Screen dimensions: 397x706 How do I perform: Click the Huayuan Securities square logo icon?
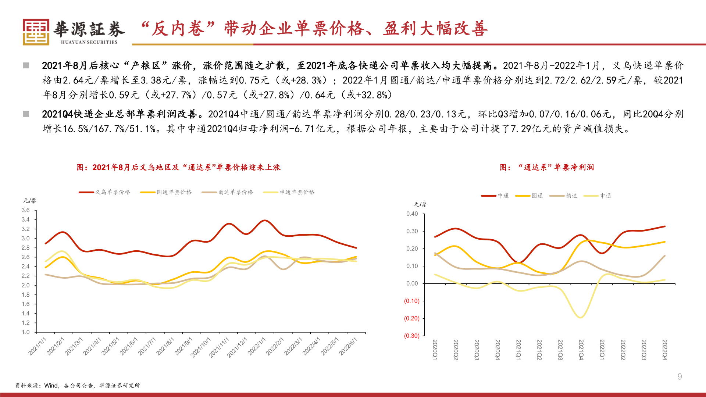click(x=36, y=32)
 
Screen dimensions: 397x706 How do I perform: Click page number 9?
click(x=680, y=376)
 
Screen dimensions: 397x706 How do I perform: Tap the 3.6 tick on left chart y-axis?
click(x=25, y=210)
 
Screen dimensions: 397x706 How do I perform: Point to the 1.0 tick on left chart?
click(x=25, y=332)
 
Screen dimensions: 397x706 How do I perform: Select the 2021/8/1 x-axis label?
click(x=165, y=346)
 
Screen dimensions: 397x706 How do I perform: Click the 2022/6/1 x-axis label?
click(x=348, y=346)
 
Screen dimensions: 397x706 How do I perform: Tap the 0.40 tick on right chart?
click(x=412, y=214)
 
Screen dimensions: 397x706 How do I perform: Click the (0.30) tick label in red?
click(x=411, y=336)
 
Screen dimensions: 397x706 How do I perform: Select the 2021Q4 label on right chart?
click(x=581, y=350)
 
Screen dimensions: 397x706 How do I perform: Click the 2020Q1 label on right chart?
click(x=435, y=350)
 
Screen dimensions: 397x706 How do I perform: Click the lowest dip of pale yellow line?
click(x=581, y=318)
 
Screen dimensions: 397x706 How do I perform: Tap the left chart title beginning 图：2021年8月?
click(x=178, y=168)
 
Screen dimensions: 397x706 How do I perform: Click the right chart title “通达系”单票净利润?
click(x=547, y=168)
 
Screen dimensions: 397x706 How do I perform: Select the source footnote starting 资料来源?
click(x=77, y=386)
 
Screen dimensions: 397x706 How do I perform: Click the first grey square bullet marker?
click(x=26, y=65)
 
